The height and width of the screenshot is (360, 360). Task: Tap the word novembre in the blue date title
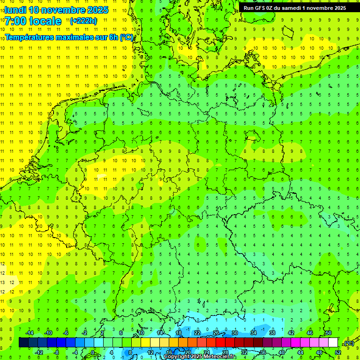tap(62, 10)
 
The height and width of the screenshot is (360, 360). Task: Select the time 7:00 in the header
tap(15, 21)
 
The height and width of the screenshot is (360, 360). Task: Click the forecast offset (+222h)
tap(83, 21)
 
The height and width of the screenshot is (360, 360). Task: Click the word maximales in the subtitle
tap(81, 37)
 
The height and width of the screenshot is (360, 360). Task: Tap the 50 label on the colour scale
tap(329, 333)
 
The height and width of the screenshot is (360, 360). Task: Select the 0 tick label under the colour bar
tap(93, 352)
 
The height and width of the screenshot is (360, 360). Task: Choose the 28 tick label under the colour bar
tap(225, 352)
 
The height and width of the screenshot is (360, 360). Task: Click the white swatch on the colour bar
tap(333, 343)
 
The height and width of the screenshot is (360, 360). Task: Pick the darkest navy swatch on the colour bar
tap(23, 343)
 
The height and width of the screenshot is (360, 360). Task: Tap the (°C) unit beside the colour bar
tap(348, 343)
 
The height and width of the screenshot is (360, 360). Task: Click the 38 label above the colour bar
tap(272, 333)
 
